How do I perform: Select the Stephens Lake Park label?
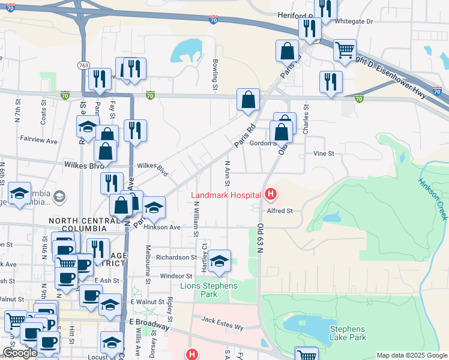[x=347, y=334]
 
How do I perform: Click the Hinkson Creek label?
[x=431, y=191]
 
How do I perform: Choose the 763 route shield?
[x=83, y=64]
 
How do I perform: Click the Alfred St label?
[x=280, y=211]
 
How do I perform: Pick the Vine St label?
[x=324, y=154]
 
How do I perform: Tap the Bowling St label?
[x=214, y=76]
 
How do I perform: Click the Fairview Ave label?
[x=38, y=142]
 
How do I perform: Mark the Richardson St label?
[x=177, y=257]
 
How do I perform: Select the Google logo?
[x=20, y=353]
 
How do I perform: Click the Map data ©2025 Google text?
[x=412, y=355]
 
